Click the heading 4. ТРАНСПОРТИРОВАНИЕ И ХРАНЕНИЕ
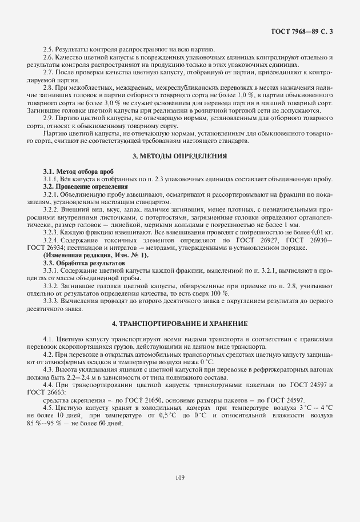[180, 324]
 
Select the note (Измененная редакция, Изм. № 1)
[95, 254]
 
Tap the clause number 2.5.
[48, 50]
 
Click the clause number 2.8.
[48, 87]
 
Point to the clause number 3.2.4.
[51, 240]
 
